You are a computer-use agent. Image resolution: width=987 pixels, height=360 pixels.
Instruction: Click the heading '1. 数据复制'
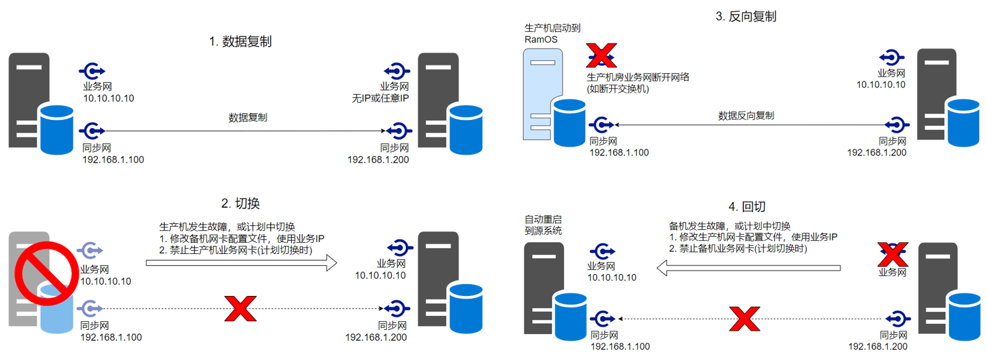coord(240,41)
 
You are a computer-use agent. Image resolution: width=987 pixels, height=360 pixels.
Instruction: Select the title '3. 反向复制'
coord(746,17)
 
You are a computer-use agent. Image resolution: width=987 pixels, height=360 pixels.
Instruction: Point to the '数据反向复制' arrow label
coord(746,115)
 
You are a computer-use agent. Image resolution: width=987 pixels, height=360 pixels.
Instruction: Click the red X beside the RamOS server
coord(601,55)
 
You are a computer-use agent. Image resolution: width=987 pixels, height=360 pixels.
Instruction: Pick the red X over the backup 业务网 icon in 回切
coord(892,253)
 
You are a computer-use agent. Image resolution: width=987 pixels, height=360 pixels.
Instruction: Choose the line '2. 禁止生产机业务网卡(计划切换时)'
coord(236,250)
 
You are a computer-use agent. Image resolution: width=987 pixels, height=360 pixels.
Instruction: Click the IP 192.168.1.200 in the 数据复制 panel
coord(378,160)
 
